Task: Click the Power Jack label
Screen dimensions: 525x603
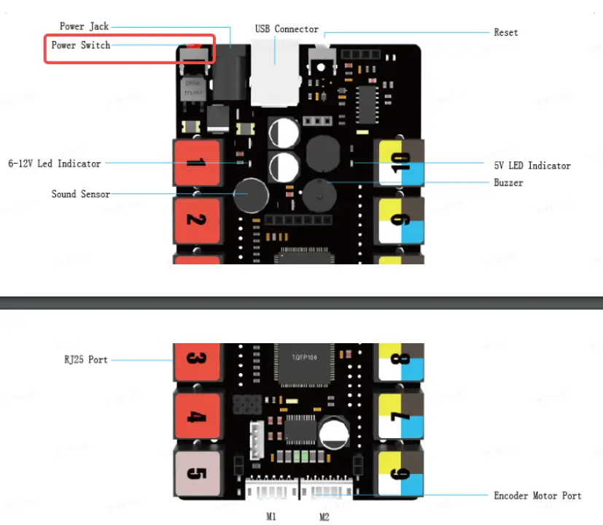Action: [x=84, y=26]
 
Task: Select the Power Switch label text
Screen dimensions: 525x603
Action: [x=81, y=45]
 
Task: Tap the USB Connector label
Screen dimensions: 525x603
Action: [x=287, y=29]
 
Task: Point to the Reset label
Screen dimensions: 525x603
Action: [x=506, y=32]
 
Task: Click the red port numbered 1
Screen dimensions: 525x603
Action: [x=195, y=162]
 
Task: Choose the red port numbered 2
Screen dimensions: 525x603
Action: [x=195, y=220]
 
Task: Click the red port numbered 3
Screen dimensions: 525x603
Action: [x=195, y=360]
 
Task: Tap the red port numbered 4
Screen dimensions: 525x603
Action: [x=195, y=418]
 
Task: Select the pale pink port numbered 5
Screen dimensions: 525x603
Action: [x=195, y=473]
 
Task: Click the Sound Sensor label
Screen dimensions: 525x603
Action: [x=81, y=194]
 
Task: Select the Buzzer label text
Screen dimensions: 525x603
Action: [x=508, y=183]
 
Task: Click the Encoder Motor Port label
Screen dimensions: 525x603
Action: [x=537, y=496]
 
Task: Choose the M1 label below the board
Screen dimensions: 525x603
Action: [x=271, y=516]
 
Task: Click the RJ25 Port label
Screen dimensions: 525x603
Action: [x=86, y=360]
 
